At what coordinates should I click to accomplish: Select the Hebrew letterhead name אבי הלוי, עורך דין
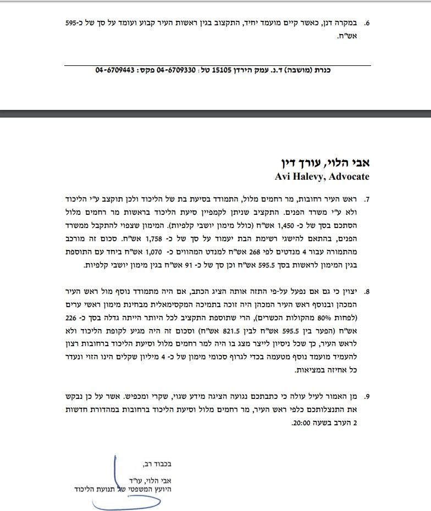point(323,164)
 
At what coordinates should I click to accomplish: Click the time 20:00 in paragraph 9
point(306,424)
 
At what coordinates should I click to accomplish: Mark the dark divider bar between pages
point(215,114)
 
